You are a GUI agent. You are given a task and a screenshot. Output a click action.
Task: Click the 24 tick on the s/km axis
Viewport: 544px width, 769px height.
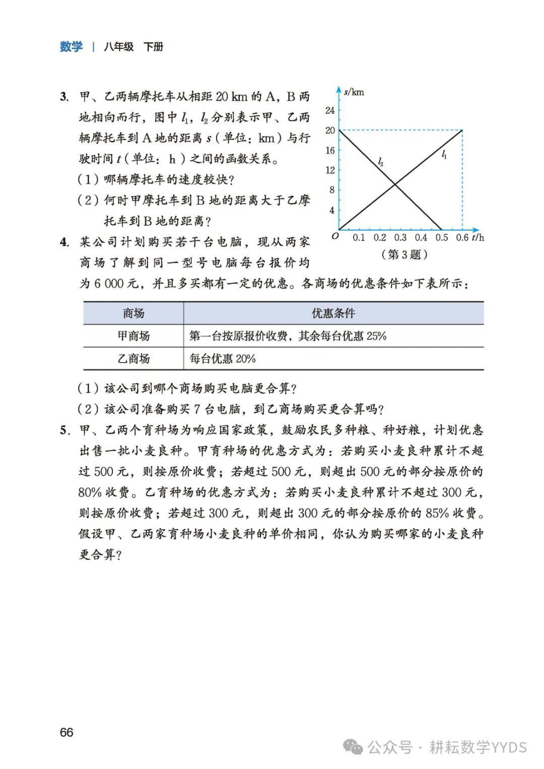point(330,110)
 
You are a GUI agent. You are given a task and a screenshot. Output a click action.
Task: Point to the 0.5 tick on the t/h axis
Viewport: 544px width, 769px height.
point(441,238)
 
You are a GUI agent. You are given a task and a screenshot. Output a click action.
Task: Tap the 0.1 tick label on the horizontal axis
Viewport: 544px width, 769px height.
point(359,238)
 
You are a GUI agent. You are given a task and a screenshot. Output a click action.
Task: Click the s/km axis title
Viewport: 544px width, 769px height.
point(354,92)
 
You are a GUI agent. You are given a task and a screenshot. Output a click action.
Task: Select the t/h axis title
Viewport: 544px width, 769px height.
point(479,238)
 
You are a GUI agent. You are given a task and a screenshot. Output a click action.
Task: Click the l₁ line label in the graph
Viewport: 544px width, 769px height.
point(444,155)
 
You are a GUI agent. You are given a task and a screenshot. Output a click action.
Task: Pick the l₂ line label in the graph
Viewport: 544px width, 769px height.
point(381,162)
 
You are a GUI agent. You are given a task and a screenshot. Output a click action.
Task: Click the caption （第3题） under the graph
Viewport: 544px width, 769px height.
point(405,254)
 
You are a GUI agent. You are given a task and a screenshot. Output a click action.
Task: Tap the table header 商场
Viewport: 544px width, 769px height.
point(133,313)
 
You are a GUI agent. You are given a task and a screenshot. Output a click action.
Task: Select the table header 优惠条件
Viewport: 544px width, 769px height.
point(333,313)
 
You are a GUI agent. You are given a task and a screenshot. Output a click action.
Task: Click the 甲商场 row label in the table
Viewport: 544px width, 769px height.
point(133,336)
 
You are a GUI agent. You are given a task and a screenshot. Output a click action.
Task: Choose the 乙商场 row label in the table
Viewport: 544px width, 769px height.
point(133,359)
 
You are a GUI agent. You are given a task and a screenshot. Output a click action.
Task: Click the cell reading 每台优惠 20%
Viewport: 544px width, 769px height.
point(223,359)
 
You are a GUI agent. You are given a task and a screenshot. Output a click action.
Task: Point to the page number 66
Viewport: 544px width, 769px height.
point(66,732)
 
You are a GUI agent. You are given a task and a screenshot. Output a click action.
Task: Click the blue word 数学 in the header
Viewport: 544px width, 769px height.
point(71,47)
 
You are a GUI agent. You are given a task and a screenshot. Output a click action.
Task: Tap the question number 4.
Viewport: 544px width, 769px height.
point(64,242)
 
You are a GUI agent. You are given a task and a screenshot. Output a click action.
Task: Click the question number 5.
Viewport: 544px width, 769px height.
point(64,430)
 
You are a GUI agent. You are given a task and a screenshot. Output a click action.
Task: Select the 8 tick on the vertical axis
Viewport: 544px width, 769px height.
point(332,190)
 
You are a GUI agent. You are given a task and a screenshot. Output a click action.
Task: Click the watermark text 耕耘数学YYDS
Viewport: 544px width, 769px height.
point(478,747)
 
